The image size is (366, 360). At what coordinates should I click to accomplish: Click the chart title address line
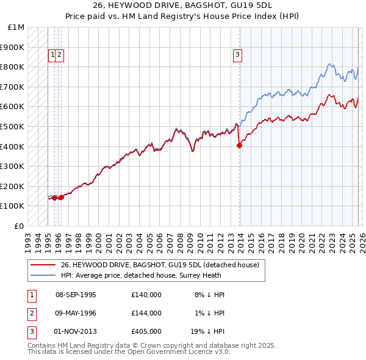coord(183,5)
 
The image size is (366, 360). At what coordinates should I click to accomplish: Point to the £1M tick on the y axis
coord(16,27)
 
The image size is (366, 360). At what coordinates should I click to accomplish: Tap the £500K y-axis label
coord(13,127)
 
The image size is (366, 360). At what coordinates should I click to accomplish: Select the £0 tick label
coord(20,226)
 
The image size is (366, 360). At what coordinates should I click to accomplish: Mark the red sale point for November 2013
coord(239,145)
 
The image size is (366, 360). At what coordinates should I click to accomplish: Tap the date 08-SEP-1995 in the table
coord(76,295)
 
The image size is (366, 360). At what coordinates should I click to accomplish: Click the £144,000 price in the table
coord(146,313)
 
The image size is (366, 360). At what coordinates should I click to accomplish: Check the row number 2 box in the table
coord(30,313)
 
